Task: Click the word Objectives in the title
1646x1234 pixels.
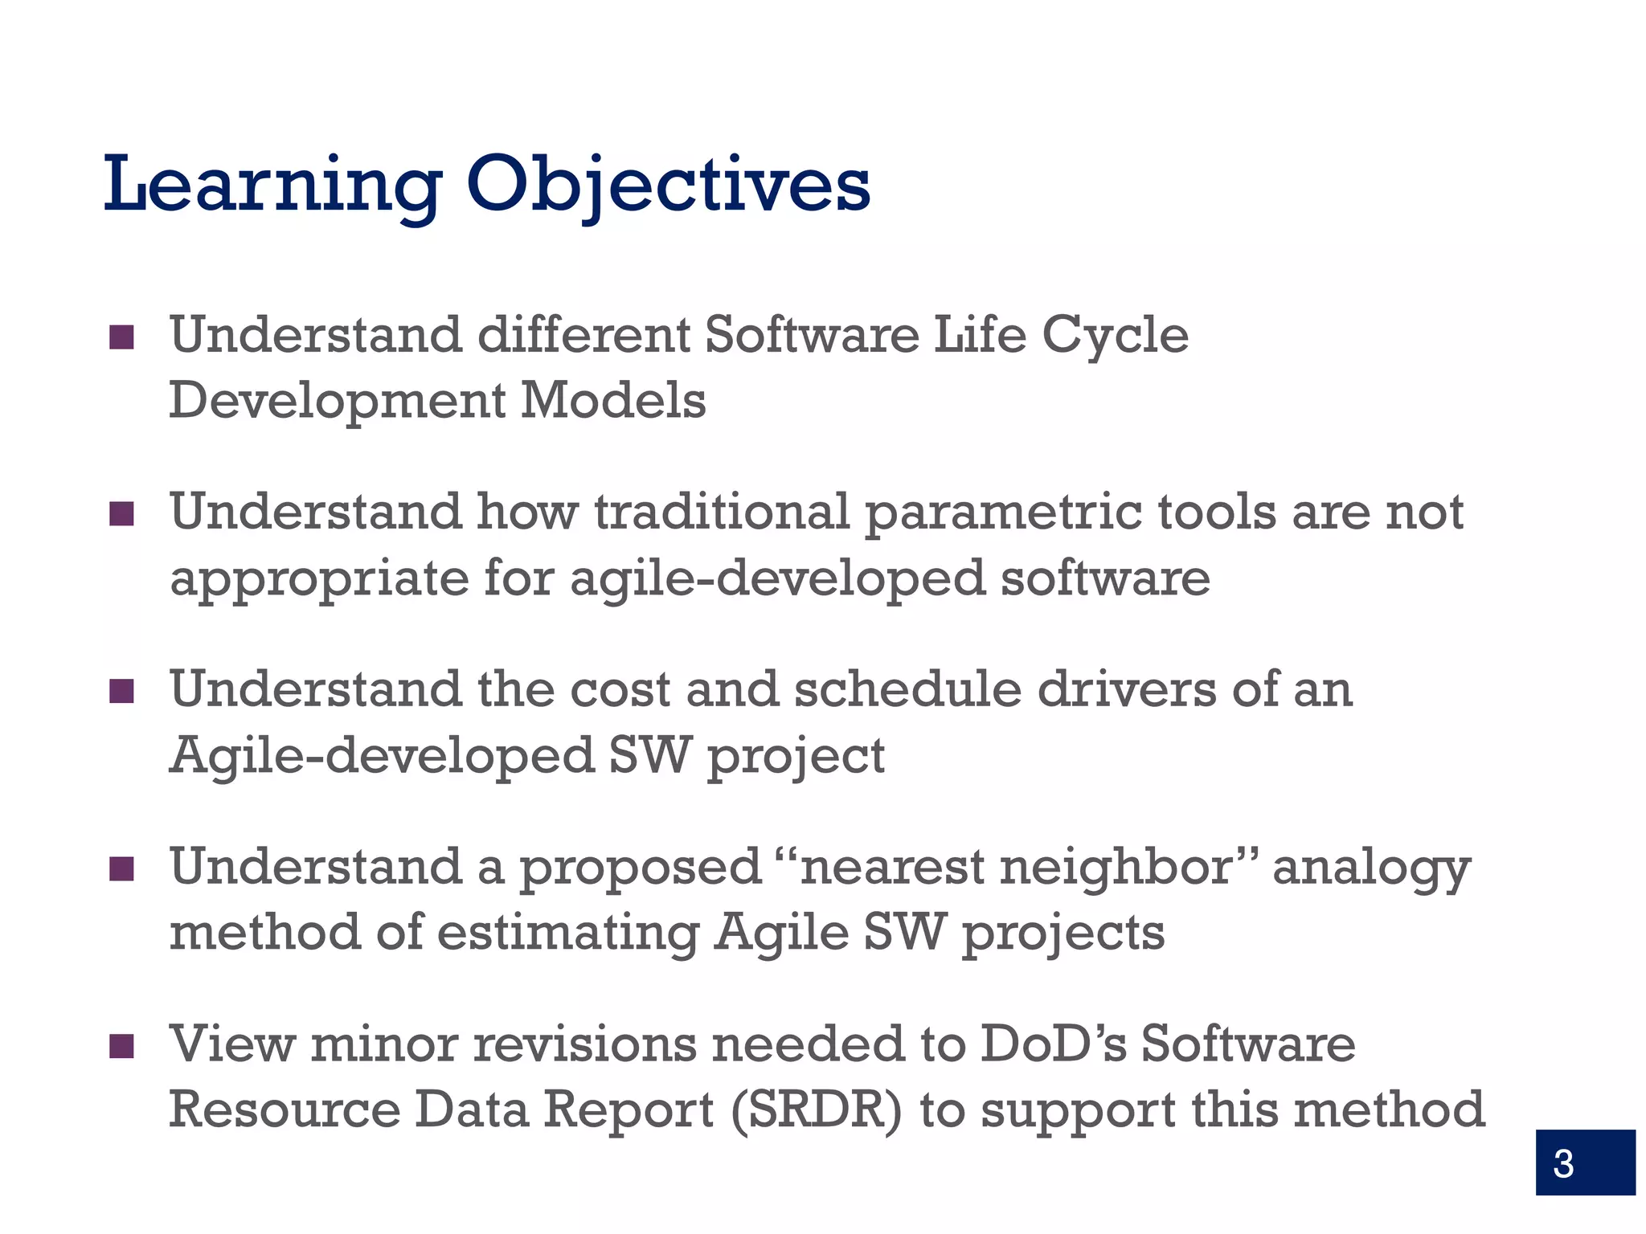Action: tap(668, 186)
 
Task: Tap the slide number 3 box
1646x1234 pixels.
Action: tap(1584, 1162)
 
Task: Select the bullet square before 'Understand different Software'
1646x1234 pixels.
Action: tap(121, 337)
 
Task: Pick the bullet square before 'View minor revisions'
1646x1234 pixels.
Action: tap(121, 1047)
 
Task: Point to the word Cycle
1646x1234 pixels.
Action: tap(1115, 336)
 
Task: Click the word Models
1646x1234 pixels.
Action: tap(613, 401)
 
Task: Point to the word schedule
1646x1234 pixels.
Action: tap(908, 690)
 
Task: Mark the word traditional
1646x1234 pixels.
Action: tap(722, 513)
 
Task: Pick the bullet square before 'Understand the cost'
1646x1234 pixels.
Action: tap(121, 692)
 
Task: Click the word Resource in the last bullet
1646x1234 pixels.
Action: tap(285, 1111)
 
